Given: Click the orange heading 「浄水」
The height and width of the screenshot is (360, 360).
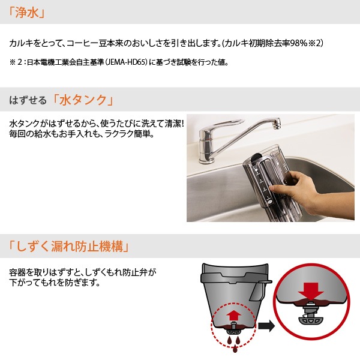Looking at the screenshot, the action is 26,12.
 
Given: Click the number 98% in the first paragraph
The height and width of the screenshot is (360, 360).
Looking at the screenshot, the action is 298,43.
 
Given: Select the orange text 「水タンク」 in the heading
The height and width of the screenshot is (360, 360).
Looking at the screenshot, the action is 83,100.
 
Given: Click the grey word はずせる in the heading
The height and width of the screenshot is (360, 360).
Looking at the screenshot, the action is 28,100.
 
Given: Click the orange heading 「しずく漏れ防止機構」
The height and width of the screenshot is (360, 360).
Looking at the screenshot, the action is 68,246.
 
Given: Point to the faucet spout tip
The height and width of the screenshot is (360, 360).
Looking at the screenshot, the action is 277,124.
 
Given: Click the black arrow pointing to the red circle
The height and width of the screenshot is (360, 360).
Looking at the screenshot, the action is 266,326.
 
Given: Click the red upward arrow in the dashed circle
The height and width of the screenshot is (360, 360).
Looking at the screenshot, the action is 233,317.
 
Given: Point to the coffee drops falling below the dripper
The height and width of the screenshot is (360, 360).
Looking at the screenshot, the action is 234,343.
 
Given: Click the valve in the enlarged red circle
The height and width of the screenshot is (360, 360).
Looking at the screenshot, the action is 310,314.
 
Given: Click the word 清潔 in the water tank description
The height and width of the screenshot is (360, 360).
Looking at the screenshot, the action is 172,124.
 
